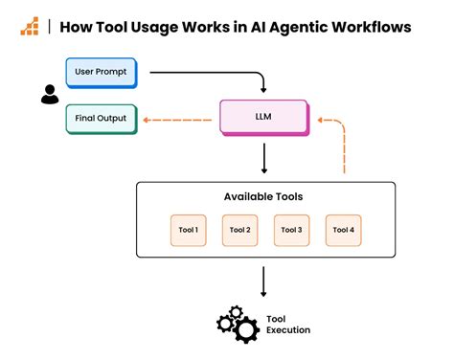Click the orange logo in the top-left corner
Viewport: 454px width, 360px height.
(30, 27)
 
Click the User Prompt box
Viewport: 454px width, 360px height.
(101, 72)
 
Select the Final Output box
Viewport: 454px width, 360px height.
(101, 121)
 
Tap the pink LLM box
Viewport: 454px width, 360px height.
(262, 118)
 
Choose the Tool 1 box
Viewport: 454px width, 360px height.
(188, 230)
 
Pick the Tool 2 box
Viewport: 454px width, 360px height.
(239, 230)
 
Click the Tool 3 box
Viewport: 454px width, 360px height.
(291, 230)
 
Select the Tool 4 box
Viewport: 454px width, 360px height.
(343, 230)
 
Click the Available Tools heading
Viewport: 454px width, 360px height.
(263, 196)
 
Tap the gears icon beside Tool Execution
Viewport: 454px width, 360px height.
(238, 325)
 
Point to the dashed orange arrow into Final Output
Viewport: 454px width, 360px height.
(177, 121)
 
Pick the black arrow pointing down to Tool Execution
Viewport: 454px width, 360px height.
(263, 281)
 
